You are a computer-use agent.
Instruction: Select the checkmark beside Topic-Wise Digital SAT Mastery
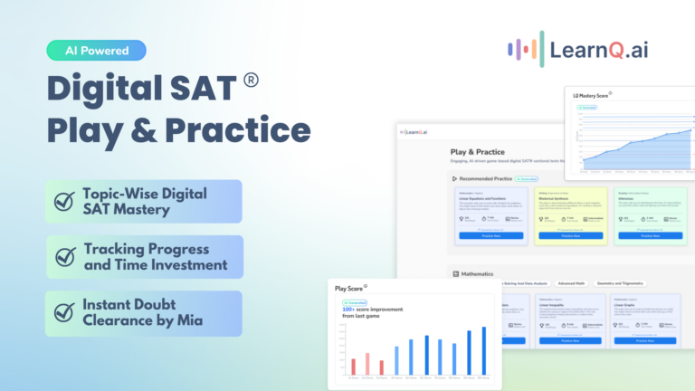coord(64,201)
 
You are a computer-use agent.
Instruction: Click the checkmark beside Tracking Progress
coord(64,257)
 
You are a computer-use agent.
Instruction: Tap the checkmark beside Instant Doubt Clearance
coord(64,312)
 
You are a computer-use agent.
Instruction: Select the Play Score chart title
coord(351,289)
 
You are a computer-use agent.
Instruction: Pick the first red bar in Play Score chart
coord(353,366)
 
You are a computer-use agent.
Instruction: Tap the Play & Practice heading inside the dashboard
coord(477,152)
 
